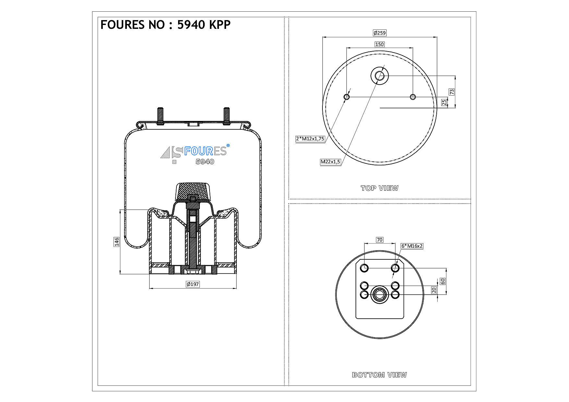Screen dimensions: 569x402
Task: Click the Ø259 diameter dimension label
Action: [x=380, y=33]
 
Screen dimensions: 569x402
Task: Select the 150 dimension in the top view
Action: [x=379, y=44]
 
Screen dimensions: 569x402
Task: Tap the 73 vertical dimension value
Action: [x=452, y=92]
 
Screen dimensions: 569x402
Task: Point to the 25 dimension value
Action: [x=444, y=102]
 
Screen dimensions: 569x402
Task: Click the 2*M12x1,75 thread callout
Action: [x=310, y=139]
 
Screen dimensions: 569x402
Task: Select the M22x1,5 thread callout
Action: [x=330, y=162]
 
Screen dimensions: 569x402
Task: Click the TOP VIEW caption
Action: [x=379, y=188]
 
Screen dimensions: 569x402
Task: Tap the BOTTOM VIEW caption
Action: [x=379, y=375]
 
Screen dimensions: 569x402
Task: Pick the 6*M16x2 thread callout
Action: [x=412, y=246]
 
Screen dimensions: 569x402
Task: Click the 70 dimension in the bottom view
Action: [x=380, y=240]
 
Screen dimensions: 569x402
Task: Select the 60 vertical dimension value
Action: [x=442, y=281]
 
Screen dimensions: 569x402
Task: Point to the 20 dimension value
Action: [x=434, y=290]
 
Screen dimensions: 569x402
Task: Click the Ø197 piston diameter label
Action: [x=193, y=284]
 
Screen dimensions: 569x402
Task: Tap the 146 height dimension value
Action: [x=116, y=242]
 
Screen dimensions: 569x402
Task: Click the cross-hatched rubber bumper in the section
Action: [x=193, y=191]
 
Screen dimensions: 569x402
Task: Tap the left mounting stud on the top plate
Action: [x=160, y=116]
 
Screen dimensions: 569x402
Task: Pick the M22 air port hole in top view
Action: [x=380, y=76]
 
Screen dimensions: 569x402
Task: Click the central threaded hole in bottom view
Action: [x=380, y=294]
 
